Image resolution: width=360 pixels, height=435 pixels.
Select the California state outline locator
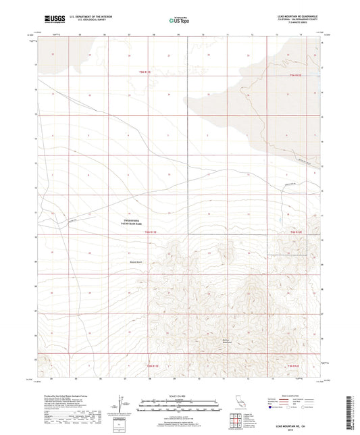238,407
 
